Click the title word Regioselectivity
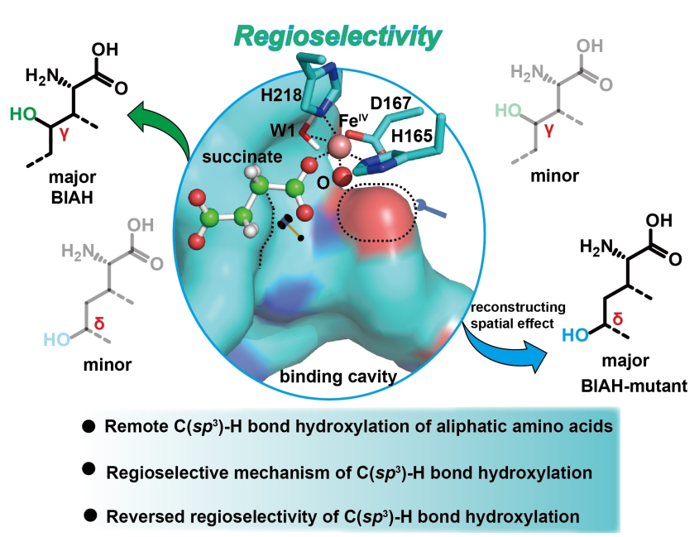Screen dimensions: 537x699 338,35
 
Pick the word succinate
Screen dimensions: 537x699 227,156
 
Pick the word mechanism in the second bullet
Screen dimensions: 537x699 245,472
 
